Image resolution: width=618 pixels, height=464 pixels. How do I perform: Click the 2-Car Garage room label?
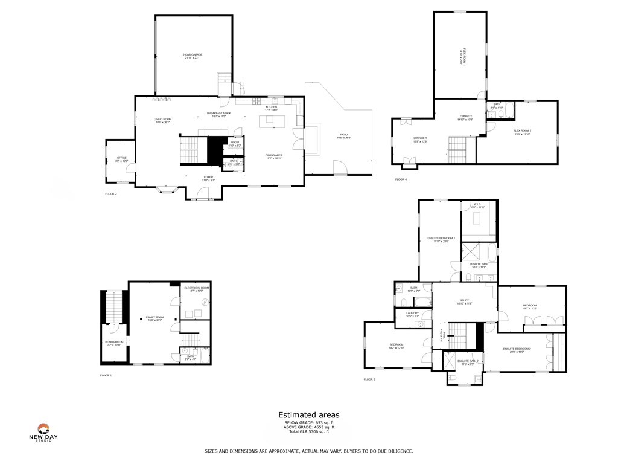(193, 56)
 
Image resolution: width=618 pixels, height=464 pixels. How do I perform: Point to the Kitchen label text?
(271, 108)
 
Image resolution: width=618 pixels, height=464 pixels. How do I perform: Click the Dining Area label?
(274, 156)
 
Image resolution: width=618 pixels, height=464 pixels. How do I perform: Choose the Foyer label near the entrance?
(208, 178)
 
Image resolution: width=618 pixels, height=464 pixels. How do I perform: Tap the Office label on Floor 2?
(121, 159)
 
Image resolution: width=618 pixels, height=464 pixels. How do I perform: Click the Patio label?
(344, 136)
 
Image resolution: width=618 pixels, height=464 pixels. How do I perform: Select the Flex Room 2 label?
(522, 132)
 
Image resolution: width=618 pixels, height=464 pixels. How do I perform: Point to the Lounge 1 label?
(420, 140)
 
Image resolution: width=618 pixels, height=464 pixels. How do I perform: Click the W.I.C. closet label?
(477, 205)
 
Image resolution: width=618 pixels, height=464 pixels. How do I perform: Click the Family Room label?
(154, 318)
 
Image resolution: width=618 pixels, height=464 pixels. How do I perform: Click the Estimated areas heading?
(308, 415)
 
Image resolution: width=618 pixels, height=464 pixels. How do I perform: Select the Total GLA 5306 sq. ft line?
(308, 431)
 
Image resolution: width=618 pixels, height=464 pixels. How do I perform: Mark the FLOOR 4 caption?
(401, 179)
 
